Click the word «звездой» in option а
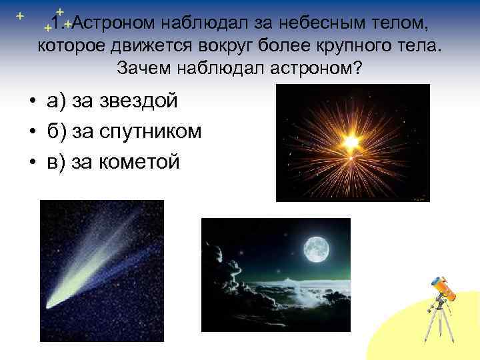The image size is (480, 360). tap(139, 101)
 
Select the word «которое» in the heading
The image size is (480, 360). tap(74, 46)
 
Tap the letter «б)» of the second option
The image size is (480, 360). tap(56, 131)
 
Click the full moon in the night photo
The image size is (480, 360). tap(316, 250)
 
